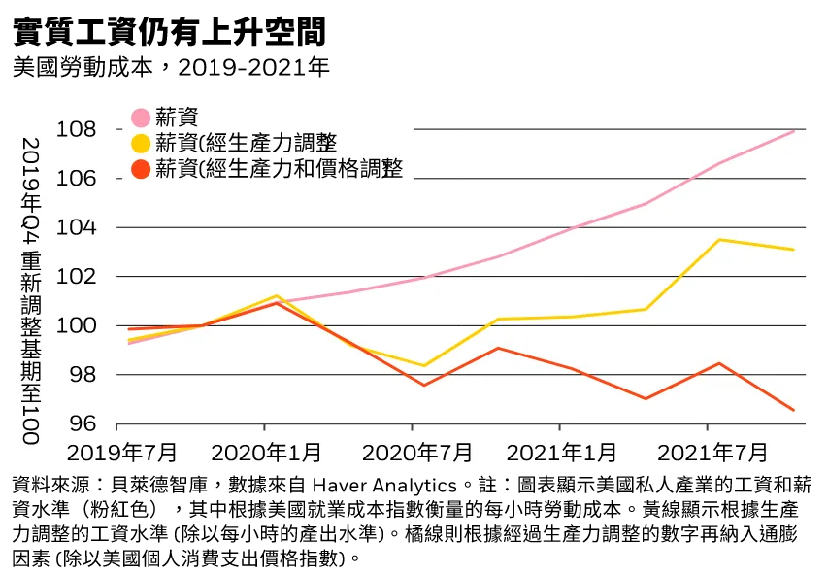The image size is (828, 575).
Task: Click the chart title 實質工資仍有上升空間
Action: (x=169, y=31)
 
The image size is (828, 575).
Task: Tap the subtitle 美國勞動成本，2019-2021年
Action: (x=171, y=67)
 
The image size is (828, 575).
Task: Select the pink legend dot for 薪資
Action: (x=141, y=118)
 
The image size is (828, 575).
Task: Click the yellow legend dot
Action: (x=141, y=143)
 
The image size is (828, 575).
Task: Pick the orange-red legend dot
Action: (x=141, y=169)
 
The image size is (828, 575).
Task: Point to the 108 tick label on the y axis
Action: (x=76, y=129)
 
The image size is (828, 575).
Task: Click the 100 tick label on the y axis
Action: (x=76, y=325)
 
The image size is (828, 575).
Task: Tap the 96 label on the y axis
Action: (x=83, y=423)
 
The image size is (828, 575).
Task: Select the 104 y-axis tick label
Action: (x=76, y=227)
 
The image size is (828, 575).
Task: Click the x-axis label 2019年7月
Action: (x=122, y=453)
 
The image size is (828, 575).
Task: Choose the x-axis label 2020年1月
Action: (x=266, y=453)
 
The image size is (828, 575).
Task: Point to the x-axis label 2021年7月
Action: (x=712, y=453)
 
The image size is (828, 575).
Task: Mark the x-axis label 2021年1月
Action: (x=562, y=453)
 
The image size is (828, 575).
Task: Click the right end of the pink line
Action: (x=794, y=131)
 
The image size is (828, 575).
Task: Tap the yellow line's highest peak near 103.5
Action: (x=719, y=240)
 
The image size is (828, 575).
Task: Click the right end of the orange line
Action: (x=794, y=410)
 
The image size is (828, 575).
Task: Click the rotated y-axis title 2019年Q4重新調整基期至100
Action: (x=31, y=290)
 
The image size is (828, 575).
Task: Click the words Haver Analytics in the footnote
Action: (x=384, y=485)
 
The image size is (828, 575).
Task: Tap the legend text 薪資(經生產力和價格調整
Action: (x=279, y=169)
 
